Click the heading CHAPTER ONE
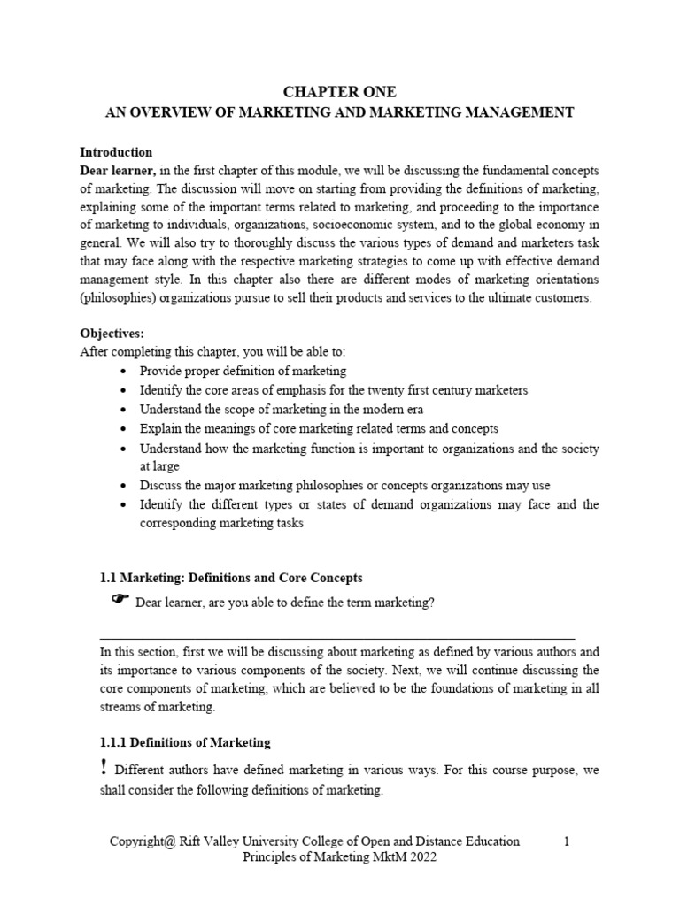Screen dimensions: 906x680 tap(340, 92)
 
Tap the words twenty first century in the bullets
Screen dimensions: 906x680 tap(411, 390)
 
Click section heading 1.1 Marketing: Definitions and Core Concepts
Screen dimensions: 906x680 tap(231, 578)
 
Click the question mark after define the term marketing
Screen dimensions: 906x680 tap(431, 603)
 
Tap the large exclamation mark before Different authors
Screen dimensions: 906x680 tap(105, 769)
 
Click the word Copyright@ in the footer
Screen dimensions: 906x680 tap(144, 841)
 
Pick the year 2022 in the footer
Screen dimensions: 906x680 tap(423, 859)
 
